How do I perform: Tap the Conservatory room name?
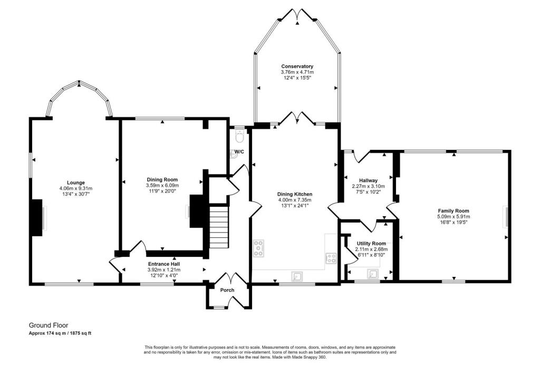(x=297, y=66)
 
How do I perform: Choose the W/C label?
(x=239, y=152)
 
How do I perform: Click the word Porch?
(x=228, y=290)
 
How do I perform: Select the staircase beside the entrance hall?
(x=219, y=227)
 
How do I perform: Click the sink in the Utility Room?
(x=373, y=273)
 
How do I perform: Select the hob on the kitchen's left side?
(x=259, y=248)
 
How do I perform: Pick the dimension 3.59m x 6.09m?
(x=162, y=186)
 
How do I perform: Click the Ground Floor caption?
(x=49, y=326)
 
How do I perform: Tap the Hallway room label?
(x=368, y=180)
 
